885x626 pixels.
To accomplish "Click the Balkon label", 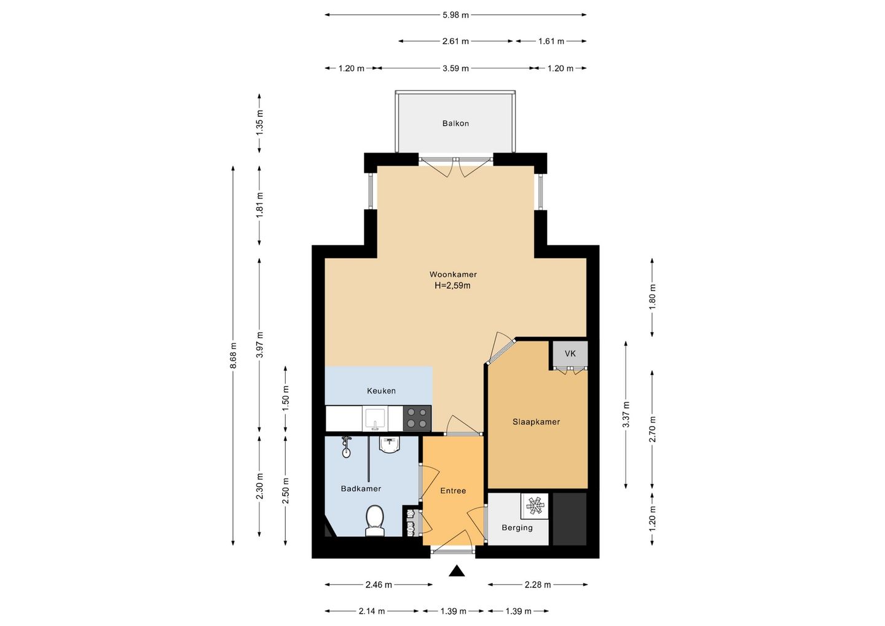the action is (x=455, y=124).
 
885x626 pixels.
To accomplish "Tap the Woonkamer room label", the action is (x=453, y=274).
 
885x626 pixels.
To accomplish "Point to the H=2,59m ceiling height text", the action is (x=452, y=286).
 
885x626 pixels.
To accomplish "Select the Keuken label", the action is (x=381, y=391).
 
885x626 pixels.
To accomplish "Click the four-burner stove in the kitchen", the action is (x=417, y=419).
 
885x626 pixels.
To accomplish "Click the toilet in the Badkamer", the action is (x=374, y=521).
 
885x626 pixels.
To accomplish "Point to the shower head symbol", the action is (x=347, y=447).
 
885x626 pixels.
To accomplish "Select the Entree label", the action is (x=453, y=491).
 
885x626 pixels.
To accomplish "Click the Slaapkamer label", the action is (x=536, y=422).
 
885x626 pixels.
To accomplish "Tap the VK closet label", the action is (x=570, y=354).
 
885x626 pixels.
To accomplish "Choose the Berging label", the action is (x=517, y=528).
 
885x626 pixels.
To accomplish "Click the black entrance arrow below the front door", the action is (x=456, y=571).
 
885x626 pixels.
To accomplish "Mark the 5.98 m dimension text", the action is (x=455, y=15).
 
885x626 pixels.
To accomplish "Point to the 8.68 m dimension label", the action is (x=233, y=355).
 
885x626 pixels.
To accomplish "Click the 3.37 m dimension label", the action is (x=626, y=414).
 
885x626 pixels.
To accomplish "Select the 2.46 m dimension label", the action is (x=379, y=585).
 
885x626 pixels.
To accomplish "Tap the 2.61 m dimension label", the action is (x=455, y=41).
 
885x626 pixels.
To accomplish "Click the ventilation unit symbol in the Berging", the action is (x=535, y=506).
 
